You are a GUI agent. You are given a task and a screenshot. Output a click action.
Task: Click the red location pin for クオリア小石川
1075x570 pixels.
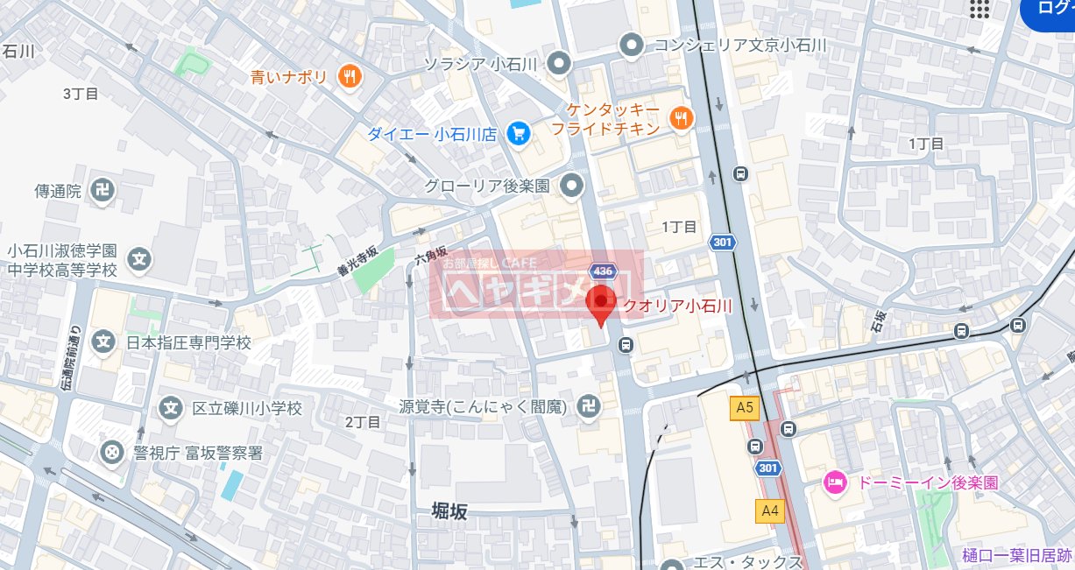tap(600, 303)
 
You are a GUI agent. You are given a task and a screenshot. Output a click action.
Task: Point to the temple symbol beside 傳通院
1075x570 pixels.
tap(103, 189)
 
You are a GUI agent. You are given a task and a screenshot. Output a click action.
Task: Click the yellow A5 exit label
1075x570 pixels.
tap(744, 407)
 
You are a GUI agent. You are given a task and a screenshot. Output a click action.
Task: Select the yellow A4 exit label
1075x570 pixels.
tap(770, 510)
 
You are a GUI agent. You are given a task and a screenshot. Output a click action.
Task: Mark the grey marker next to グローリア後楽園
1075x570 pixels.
tap(571, 186)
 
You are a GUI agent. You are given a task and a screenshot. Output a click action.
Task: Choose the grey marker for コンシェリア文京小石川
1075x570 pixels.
tap(630, 43)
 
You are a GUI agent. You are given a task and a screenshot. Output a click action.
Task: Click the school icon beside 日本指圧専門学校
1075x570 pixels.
tap(103, 341)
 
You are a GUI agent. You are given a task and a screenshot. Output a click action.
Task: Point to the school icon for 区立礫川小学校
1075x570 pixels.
tap(171, 408)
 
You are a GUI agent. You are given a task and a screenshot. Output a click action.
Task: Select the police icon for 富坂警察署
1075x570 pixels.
tap(112, 453)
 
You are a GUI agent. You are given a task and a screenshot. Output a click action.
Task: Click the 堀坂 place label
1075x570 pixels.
tap(450, 511)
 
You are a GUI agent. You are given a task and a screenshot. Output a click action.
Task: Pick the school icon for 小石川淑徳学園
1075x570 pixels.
tap(138, 259)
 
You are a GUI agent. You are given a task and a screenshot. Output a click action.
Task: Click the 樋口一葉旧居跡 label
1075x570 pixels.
tap(1016, 555)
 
